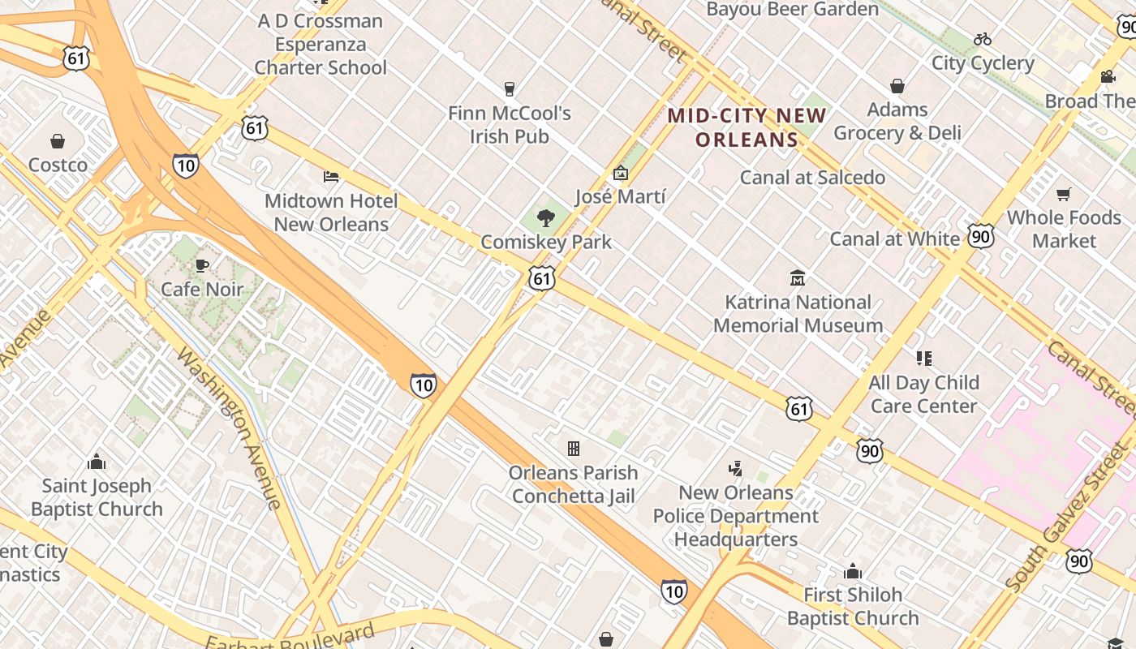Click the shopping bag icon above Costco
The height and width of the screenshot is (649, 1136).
point(58,142)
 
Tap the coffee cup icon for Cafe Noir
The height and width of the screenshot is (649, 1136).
point(202,264)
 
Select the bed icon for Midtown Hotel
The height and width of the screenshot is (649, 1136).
point(330,176)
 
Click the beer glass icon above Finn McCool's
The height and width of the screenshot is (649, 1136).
point(510,88)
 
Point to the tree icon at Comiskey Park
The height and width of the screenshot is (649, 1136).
point(546,217)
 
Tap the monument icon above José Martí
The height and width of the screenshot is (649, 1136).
point(621,172)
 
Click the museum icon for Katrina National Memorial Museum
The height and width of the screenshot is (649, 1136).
point(798,278)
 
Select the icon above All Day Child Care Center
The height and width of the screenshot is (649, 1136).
point(923,358)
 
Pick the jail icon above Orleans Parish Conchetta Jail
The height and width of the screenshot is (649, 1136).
point(574,448)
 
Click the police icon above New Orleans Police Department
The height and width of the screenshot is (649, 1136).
point(736,468)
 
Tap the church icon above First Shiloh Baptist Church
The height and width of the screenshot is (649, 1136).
point(852,571)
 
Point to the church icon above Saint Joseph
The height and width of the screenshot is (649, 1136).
point(97,462)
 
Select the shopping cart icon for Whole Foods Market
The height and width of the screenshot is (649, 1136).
point(1063,194)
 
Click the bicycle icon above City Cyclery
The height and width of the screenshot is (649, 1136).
point(983,39)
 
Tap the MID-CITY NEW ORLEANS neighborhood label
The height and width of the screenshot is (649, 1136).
point(747,127)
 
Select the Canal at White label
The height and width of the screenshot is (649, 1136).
point(894,239)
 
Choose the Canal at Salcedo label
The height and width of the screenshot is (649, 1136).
point(812,178)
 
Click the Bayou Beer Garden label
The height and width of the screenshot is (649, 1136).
point(793,10)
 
